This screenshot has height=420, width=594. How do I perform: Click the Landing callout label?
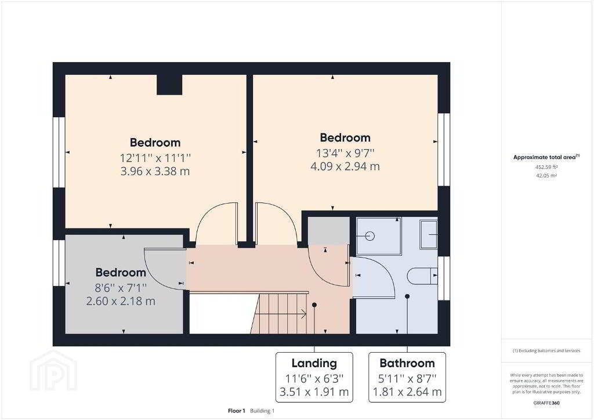tap(314, 363)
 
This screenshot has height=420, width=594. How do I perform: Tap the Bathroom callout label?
tap(407, 363)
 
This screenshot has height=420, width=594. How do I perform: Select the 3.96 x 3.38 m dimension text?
tap(155, 171)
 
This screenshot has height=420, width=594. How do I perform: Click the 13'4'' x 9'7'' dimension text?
tap(345, 153)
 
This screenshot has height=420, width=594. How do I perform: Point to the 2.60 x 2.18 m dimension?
tap(121, 301)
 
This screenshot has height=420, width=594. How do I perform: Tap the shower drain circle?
tap(370, 236)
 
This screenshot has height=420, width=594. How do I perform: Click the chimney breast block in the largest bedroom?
tap(169, 85)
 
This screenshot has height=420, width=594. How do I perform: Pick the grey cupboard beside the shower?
tap(328, 231)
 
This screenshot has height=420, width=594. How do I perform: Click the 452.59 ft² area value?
tap(546, 167)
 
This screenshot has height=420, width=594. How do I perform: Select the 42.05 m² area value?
tap(546, 176)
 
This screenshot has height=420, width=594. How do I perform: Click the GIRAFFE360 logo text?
tap(546, 403)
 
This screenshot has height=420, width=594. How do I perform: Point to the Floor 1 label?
tap(237, 411)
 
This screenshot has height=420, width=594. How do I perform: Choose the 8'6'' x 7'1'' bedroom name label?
tap(121, 272)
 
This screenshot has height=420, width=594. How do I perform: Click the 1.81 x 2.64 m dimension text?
tap(407, 392)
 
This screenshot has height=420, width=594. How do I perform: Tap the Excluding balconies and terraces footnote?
tap(546, 351)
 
